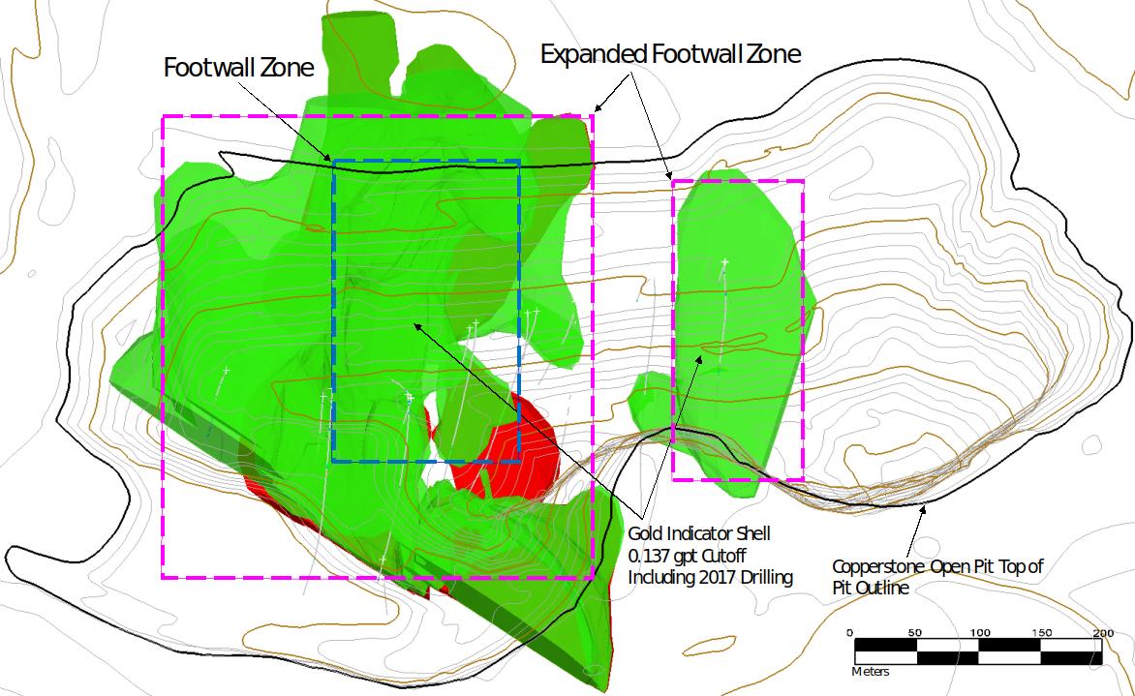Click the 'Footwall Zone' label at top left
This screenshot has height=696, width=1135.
tap(238, 69)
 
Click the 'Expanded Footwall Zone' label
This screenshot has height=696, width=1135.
tap(670, 54)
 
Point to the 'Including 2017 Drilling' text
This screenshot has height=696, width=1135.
tap(711, 578)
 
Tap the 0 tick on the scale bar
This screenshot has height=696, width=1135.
tap(850, 633)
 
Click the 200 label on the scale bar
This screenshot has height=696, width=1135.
tap(1102, 633)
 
